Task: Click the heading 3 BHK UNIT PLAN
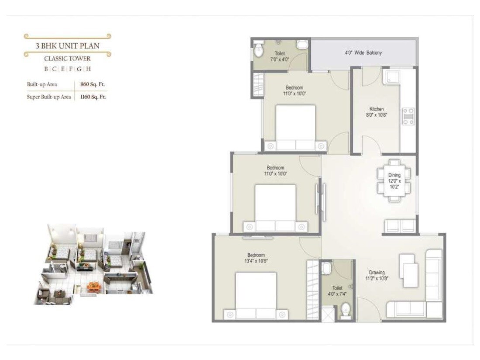coord(67,45)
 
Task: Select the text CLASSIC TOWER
coord(67,58)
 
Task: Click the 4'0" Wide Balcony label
coord(363,53)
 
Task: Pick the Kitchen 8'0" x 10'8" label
coord(376,112)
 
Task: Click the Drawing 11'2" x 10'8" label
coord(376,275)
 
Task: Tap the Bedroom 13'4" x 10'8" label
coord(256,258)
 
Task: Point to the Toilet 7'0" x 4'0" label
coord(280,56)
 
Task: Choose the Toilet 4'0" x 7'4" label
coord(337,291)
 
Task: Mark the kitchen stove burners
coord(408,116)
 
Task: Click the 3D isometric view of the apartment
coord(94,265)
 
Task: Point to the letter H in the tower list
coord(88,69)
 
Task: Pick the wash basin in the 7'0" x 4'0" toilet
coord(302,45)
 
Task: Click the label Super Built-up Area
coord(49,97)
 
